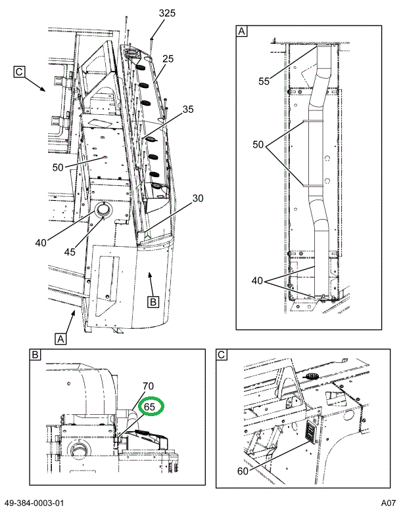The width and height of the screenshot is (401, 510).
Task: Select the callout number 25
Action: coord(168,59)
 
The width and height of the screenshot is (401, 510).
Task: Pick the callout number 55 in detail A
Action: coord(264,81)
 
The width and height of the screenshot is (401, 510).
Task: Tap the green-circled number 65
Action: coord(150,407)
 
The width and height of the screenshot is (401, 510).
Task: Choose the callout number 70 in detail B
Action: coord(148,386)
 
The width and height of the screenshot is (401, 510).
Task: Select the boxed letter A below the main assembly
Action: coord(60,339)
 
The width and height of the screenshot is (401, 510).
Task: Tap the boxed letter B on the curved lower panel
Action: coord(153,302)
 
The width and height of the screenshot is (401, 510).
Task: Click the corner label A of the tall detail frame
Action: coord(241,31)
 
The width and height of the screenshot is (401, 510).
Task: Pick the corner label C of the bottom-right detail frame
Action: coord(222,355)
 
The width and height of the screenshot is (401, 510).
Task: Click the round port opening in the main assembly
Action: coord(103,211)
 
